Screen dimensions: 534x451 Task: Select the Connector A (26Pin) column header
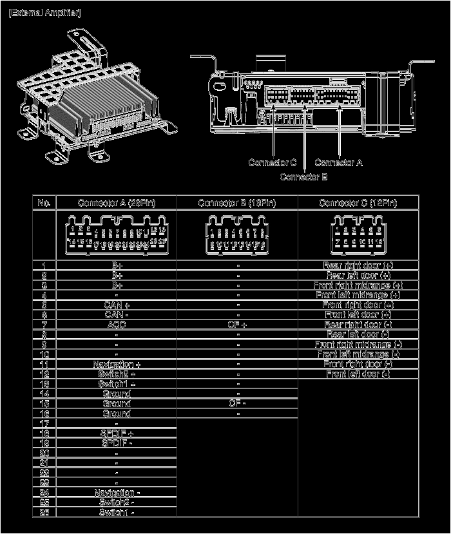(x=117, y=203)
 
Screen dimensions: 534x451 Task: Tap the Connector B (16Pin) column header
(x=237, y=203)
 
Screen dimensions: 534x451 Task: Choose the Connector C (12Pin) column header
(x=358, y=203)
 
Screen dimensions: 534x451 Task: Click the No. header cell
(x=44, y=203)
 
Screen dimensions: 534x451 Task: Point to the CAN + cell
(x=117, y=305)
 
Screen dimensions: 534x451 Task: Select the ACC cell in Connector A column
(x=117, y=325)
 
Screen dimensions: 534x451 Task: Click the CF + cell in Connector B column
(x=237, y=325)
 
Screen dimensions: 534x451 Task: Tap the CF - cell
(x=237, y=403)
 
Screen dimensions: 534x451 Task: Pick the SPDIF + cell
(x=117, y=434)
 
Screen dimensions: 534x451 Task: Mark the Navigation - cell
(x=117, y=493)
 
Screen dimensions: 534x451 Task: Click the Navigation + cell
(x=117, y=364)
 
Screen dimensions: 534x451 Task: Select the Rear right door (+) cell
(x=358, y=265)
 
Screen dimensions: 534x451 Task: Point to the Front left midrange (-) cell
(x=358, y=354)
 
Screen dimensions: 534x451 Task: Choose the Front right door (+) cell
(x=358, y=305)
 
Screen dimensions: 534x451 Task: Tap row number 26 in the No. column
(x=44, y=512)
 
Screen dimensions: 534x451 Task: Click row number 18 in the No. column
(x=44, y=434)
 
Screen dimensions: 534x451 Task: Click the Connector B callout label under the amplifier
(x=303, y=176)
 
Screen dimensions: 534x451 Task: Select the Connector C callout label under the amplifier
(x=272, y=162)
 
